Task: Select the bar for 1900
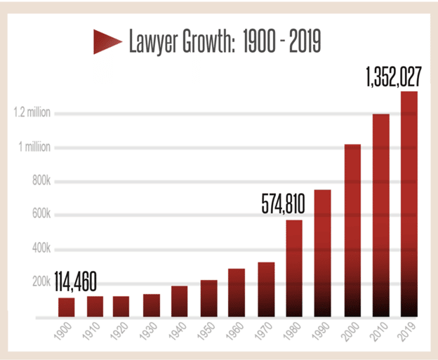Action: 67,307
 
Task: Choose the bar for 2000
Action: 352,231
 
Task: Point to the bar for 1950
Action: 208,299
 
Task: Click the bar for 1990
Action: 323,253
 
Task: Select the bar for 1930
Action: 152,306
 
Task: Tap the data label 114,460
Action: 74,283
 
